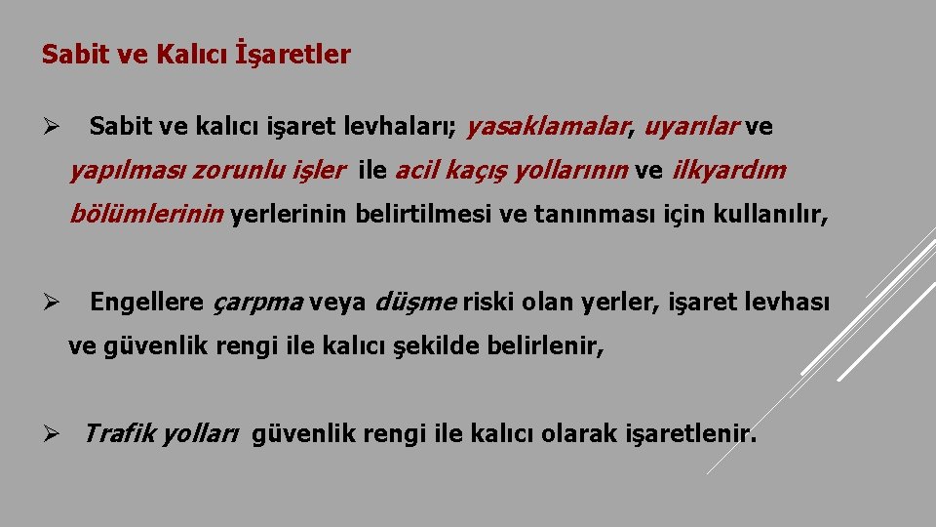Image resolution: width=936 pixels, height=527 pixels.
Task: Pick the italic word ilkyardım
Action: click(x=728, y=172)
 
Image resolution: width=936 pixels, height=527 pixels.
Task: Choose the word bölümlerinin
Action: click(x=146, y=216)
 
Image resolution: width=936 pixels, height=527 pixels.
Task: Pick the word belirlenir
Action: click(x=542, y=346)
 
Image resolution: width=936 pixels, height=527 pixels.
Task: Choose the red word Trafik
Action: click(x=116, y=433)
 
